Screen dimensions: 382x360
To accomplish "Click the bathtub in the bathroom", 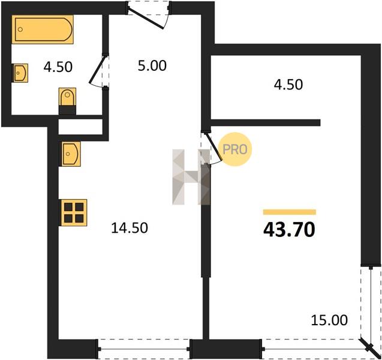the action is click(43, 29).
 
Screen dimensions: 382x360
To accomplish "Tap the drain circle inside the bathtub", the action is click(20, 29).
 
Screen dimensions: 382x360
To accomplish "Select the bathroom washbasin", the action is click(20, 73).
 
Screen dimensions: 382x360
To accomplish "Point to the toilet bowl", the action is click(68, 97).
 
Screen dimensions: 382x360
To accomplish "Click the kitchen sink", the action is click(71, 154).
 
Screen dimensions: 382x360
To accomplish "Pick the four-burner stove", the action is click(74, 212).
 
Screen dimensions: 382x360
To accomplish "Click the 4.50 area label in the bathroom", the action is click(58, 67).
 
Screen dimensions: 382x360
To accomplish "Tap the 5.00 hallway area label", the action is click(152, 66).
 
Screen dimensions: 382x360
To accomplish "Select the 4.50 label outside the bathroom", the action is click(288, 85).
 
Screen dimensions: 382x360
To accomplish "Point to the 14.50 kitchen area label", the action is click(130, 228).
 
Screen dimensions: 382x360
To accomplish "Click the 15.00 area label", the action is click(329, 320).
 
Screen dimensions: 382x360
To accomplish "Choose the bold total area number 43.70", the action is click(290, 230).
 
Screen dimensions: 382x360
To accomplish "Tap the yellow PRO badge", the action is click(234, 149).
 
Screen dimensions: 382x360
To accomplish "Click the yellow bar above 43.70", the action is click(290, 212).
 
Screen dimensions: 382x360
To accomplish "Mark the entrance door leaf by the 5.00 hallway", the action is click(146, 18).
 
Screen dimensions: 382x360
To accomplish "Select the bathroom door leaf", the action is click(97, 69).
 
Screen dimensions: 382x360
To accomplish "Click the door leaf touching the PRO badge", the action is click(213, 146).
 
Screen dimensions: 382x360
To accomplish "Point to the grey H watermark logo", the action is click(191, 177).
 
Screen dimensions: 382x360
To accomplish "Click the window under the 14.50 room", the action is click(144, 349).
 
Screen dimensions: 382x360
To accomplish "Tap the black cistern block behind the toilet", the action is click(68, 110).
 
